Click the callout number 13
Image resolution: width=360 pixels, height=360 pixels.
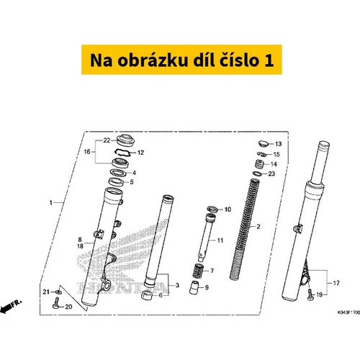pos(278,144)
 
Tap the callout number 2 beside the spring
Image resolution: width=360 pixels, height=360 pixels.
pos(258,226)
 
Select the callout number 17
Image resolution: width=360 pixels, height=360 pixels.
pos(336,283)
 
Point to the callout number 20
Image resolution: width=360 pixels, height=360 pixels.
pos(68,307)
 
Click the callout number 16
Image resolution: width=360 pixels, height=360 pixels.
pos(87,152)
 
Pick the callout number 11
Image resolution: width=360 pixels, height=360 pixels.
pos(220,240)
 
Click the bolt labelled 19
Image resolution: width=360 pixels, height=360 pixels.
pos(310,294)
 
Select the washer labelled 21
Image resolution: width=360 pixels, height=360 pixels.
pos(58,292)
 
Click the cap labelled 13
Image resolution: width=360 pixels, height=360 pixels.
pos(263,144)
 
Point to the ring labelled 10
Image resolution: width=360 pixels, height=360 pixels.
pos(212,210)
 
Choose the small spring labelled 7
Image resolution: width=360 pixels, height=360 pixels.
pos(198,271)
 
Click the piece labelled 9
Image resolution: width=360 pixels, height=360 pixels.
pos(194,287)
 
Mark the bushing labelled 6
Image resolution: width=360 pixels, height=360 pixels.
pos(147,295)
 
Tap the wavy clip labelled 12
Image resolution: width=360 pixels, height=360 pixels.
pos(122,153)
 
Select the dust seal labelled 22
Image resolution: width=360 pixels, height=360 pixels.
pos(125,140)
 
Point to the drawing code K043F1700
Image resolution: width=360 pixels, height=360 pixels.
pos(348,312)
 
